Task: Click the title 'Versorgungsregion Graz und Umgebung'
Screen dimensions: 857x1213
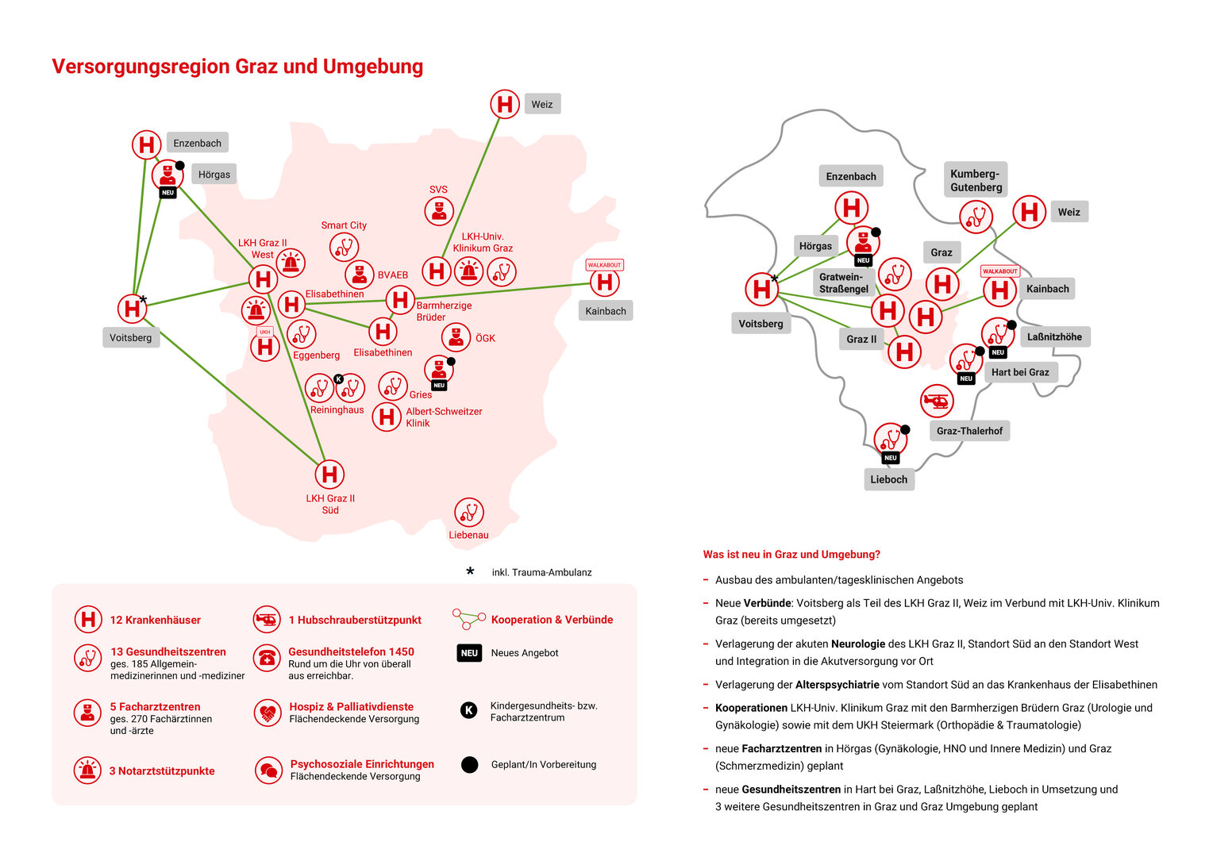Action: [x=237, y=66]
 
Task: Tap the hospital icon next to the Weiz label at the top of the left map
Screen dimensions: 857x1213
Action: [x=505, y=104]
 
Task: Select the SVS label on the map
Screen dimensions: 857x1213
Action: [x=438, y=190]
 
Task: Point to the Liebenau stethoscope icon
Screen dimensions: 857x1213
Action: [x=469, y=513]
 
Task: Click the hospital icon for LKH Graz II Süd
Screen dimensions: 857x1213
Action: [x=329, y=475]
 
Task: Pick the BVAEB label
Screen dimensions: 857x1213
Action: [x=393, y=275]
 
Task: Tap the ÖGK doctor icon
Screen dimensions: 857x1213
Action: [x=456, y=337]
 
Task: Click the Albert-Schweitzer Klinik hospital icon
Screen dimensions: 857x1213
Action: [x=387, y=417]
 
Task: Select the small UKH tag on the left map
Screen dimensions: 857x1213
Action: [x=265, y=332]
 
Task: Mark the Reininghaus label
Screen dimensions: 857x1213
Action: [x=337, y=410]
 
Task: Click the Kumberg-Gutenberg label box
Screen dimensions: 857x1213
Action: [x=976, y=180]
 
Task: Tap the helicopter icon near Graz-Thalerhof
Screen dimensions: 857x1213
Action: [x=937, y=402]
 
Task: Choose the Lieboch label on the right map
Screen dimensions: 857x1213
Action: [x=888, y=479]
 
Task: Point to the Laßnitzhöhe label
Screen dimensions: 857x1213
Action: [x=1054, y=336]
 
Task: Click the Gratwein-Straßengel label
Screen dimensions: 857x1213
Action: [x=843, y=282]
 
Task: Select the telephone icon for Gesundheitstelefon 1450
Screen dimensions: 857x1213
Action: [x=267, y=657]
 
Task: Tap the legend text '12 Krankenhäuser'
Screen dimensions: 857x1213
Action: [x=156, y=620]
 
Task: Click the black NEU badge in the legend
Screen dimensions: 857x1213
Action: [x=469, y=653]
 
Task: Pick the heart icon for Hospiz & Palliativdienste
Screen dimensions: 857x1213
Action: [x=268, y=713]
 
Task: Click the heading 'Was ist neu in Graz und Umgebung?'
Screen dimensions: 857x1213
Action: [x=791, y=555]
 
